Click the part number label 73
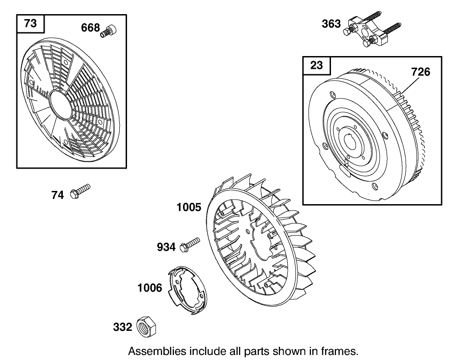(x=30, y=23)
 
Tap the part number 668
(x=90, y=28)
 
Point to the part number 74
(x=57, y=195)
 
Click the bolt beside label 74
(x=80, y=191)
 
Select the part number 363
(x=331, y=24)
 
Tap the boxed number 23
(x=316, y=65)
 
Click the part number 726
(x=420, y=72)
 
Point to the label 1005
(x=188, y=208)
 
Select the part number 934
(x=166, y=247)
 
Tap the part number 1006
(x=150, y=288)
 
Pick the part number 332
(x=122, y=327)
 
